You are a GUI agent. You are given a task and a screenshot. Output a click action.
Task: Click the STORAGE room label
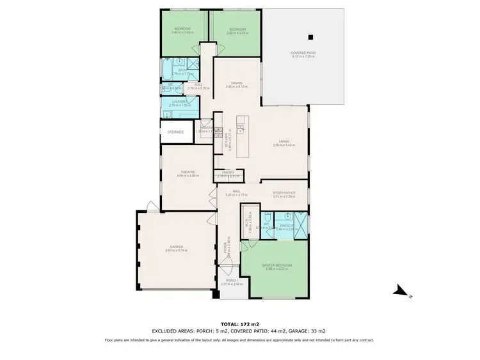click(175, 132)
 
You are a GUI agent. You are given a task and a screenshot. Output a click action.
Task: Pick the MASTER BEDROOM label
click(277, 265)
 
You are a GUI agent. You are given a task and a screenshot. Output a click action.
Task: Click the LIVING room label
click(284, 141)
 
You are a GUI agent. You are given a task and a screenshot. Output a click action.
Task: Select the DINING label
click(236, 82)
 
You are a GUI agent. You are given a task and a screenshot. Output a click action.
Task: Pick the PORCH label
click(229, 280)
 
